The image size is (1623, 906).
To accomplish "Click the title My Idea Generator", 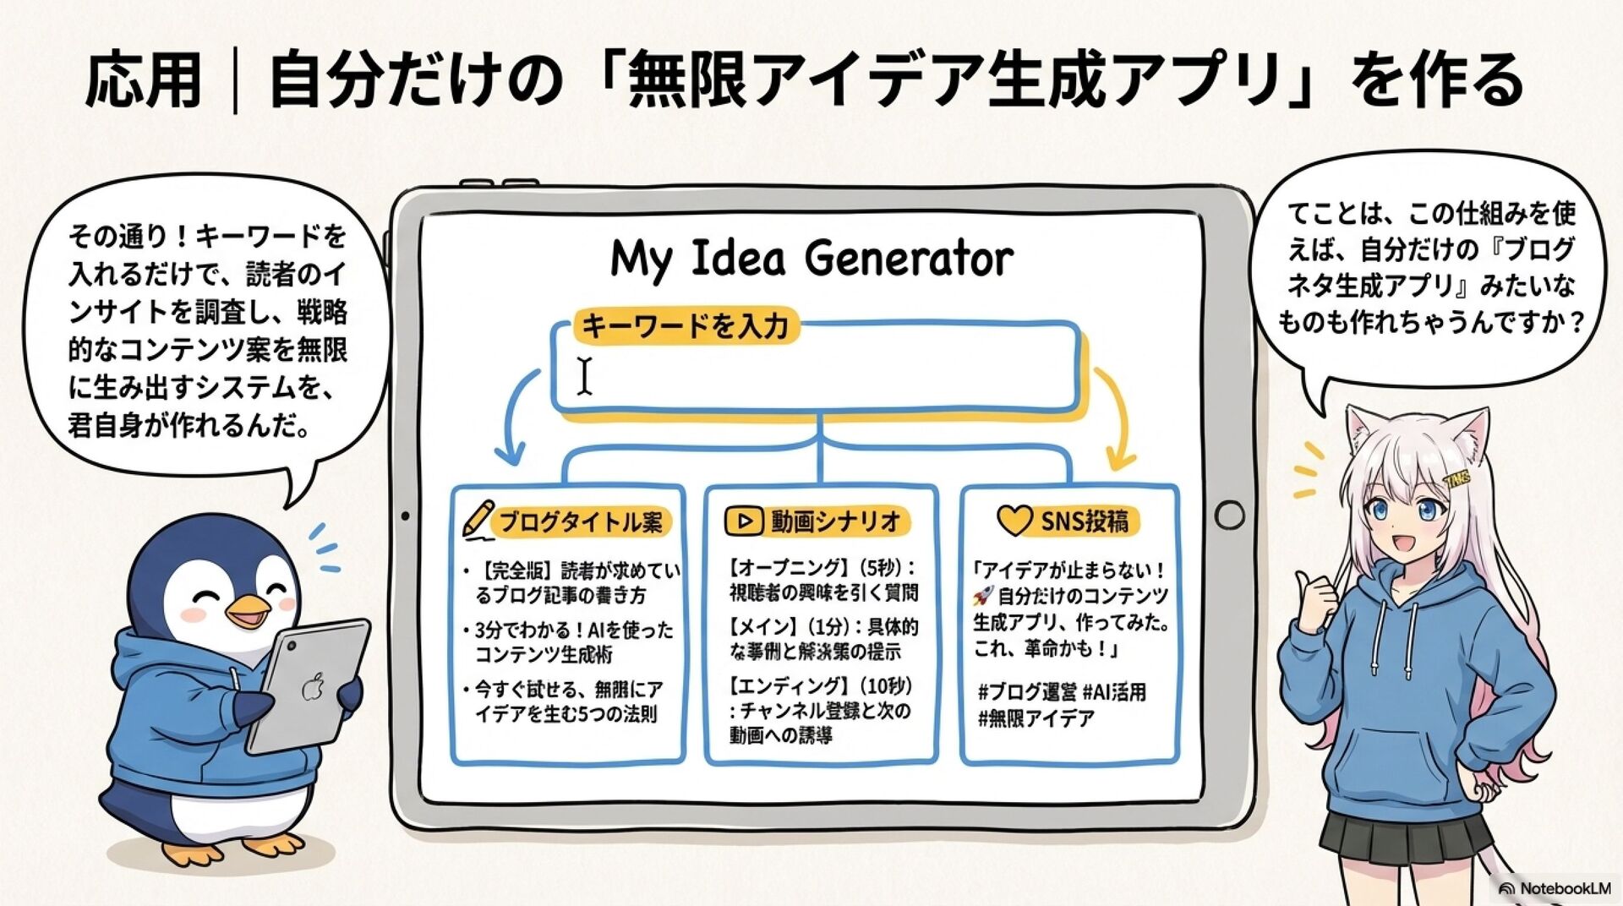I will [x=811, y=259].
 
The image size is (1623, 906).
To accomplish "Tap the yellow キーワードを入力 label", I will [x=686, y=325].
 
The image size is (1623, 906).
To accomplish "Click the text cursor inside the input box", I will [x=585, y=375].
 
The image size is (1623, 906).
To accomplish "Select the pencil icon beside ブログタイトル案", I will [x=478, y=520].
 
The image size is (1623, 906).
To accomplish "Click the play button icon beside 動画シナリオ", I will [x=744, y=521].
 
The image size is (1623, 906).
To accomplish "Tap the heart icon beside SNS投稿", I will [x=1014, y=521].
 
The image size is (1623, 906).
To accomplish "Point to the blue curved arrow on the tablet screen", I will [x=516, y=418].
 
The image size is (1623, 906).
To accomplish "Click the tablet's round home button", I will [x=1229, y=514].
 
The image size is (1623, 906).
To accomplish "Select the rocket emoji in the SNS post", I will [x=982, y=596].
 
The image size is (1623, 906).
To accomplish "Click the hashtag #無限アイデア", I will [x=1036, y=719].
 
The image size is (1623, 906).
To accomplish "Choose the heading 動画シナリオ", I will [x=835, y=521].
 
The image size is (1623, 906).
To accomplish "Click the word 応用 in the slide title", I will [x=144, y=80].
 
